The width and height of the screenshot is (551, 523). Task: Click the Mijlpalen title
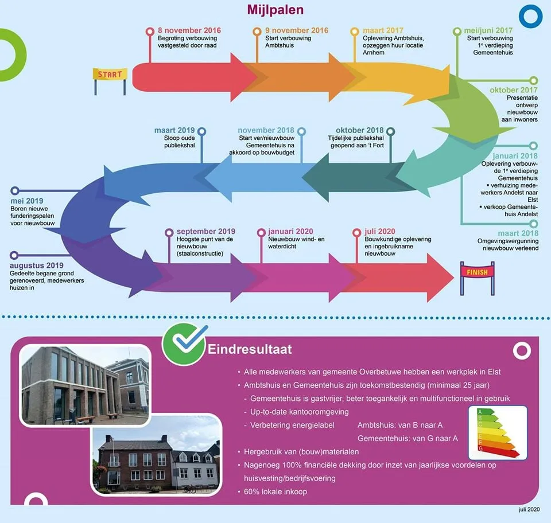(275, 10)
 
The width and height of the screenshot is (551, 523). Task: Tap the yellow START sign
(110, 75)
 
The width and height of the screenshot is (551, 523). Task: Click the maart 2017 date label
(383, 30)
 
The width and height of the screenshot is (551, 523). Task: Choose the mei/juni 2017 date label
(493, 30)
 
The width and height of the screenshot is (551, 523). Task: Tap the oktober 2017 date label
(514, 90)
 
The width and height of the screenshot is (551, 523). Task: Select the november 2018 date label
(266, 131)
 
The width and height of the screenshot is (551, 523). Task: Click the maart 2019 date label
(174, 131)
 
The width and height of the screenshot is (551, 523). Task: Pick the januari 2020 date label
(290, 231)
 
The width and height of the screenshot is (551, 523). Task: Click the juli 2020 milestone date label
(379, 231)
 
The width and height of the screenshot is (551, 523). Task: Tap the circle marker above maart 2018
(533, 224)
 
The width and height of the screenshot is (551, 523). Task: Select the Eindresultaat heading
(250, 349)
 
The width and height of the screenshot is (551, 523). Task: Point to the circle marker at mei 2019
(15, 190)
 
